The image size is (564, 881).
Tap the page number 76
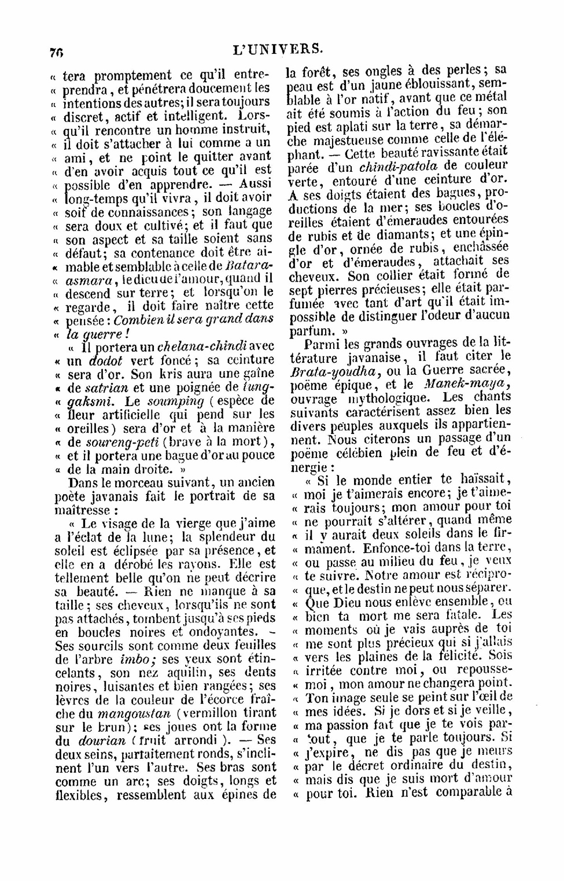point(56,52)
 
